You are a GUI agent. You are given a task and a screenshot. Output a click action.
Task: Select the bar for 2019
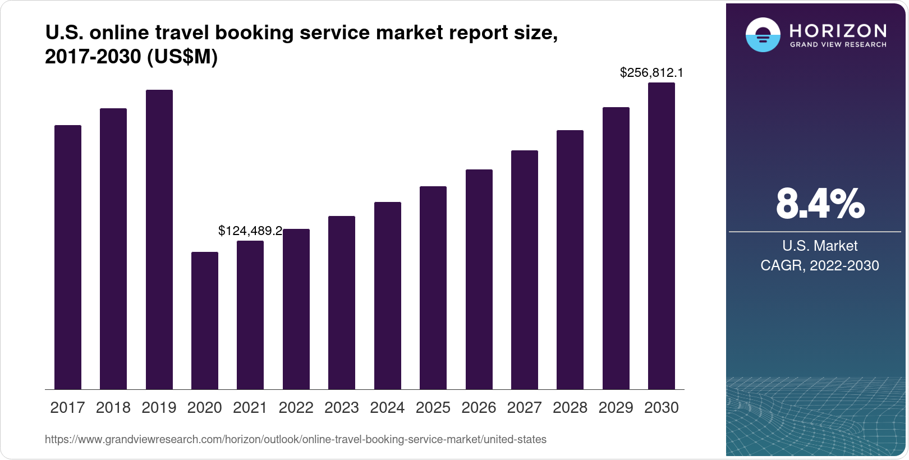coord(159,240)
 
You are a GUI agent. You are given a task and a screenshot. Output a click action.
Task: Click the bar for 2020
coord(205,320)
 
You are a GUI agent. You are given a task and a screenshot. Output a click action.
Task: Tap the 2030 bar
coord(662,236)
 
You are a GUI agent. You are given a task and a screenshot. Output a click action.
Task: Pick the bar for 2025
coord(433,288)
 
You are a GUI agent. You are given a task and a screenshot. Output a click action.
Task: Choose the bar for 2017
coord(68,257)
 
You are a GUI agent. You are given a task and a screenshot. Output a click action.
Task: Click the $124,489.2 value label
coord(250,231)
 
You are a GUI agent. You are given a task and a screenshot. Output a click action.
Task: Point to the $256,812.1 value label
coord(651,72)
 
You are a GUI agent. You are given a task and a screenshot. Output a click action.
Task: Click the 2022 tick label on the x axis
coord(296,407)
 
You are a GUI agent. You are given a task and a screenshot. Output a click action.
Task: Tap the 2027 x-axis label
coord(525,407)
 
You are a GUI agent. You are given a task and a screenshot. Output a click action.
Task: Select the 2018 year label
coord(113,407)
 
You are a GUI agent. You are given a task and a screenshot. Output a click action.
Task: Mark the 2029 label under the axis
coord(616,407)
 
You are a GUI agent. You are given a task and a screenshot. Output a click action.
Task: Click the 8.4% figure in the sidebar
coord(820,204)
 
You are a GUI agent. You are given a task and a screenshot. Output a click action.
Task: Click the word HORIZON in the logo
coord(838,30)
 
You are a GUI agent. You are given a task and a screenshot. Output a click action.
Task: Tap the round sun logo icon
coord(763,35)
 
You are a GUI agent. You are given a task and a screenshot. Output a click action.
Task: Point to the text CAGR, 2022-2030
coord(820,265)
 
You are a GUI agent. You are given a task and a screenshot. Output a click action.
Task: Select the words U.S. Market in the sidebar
coord(820,246)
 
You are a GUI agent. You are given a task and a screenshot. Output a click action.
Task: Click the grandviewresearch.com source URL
coord(295,439)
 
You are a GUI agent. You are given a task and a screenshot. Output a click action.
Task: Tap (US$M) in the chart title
coord(182,57)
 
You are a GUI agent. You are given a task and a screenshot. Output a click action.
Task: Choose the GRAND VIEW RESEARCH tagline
coord(838,44)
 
